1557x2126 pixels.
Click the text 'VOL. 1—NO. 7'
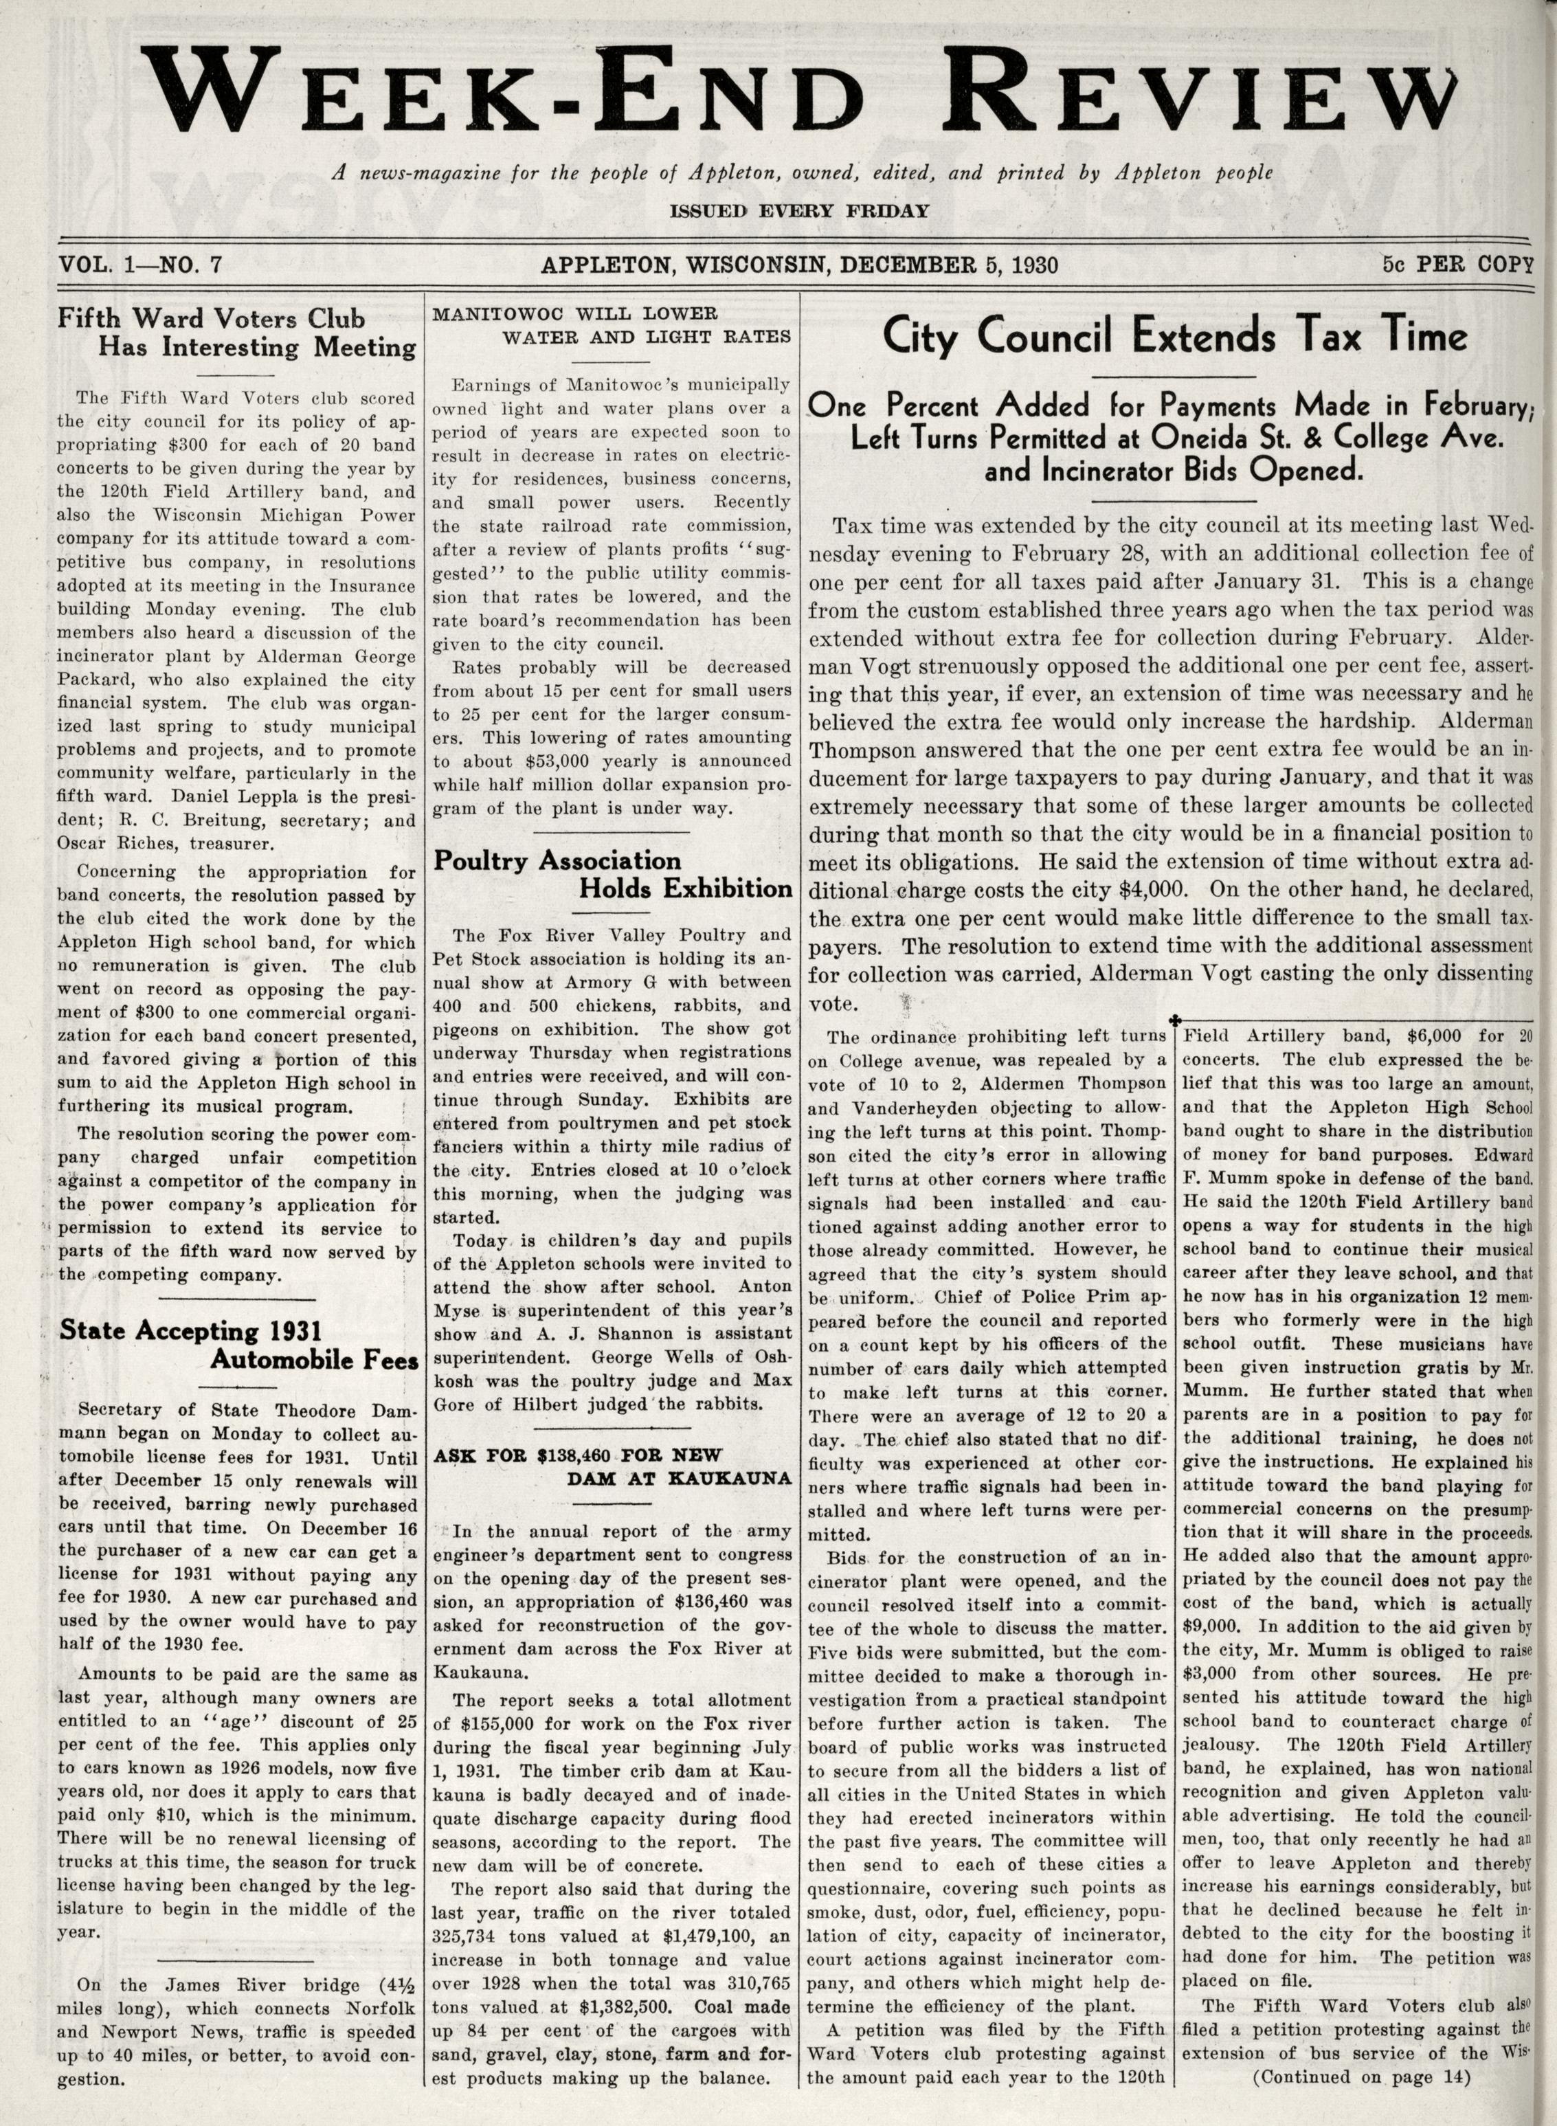click(x=139, y=264)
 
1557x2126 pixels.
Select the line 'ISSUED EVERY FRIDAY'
click(x=798, y=211)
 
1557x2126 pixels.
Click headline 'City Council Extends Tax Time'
click(x=1174, y=337)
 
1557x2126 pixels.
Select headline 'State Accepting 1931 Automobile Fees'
click(x=236, y=1345)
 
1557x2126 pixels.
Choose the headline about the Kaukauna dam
click(x=613, y=1466)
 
